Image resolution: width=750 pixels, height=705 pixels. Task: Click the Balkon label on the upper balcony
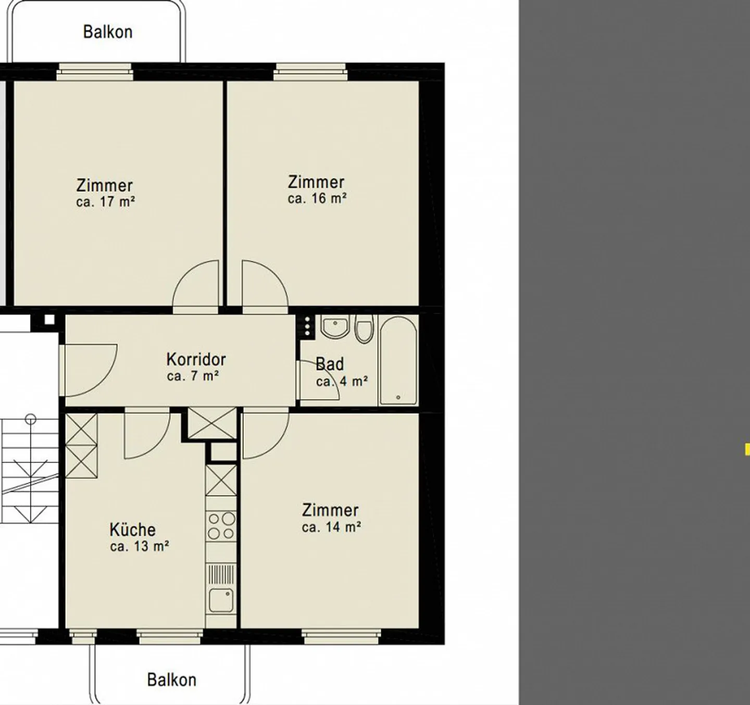pyautogui.click(x=108, y=32)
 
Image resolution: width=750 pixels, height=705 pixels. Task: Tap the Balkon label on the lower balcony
pyautogui.click(x=172, y=679)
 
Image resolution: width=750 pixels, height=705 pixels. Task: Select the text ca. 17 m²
pyautogui.click(x=105, y=202)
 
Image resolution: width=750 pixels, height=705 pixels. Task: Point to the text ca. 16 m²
pyautogui.click(x=317, y=198)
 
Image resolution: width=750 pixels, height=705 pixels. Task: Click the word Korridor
pyautogui.click(x=196, y=359)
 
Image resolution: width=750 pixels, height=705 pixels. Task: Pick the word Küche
pyautogui.click(x=133, y=530)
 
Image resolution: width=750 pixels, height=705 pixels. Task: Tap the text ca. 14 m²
pyautogui.click(x=331, y=526)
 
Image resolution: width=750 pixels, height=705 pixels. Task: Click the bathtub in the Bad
pyautogui.click(x=398, y=361)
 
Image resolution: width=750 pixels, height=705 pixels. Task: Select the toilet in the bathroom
pyautogui.click(x=364, y=329)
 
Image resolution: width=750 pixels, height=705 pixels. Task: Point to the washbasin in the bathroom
pyautogui.click(x=334, y=326)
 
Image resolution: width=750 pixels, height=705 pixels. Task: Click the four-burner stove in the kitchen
pyautogui.click(x=221, y=525)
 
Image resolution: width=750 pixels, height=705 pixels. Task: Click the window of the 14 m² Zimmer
pyautogui.click(x=341, y=636)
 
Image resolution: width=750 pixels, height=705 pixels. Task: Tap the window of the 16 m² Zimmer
pyautogui.click(x=310, y=72)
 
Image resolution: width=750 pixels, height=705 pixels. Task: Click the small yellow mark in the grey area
pyautogui.click(x=747, y=449)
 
